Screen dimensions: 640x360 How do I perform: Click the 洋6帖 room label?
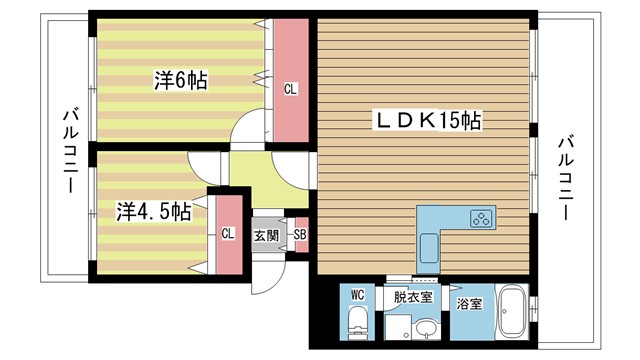180,80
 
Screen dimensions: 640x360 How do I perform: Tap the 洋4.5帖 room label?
153,211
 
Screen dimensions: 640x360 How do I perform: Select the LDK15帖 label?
428,120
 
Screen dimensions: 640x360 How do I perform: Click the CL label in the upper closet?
291,89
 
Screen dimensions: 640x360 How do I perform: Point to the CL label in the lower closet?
228,234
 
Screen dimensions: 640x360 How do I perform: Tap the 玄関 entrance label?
266,236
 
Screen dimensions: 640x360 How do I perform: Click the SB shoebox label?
300,235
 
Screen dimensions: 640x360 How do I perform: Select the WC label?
358,295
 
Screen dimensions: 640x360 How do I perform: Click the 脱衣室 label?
413,297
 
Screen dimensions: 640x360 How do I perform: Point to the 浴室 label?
469,303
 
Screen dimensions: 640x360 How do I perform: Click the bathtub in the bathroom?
512,311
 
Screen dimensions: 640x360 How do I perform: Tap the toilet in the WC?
358,322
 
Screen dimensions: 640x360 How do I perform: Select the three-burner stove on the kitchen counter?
482,218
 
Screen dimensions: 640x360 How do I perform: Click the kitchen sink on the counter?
429,248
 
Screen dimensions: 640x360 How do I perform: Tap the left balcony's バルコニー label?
70,149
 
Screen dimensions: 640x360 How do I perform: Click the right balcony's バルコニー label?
566,178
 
